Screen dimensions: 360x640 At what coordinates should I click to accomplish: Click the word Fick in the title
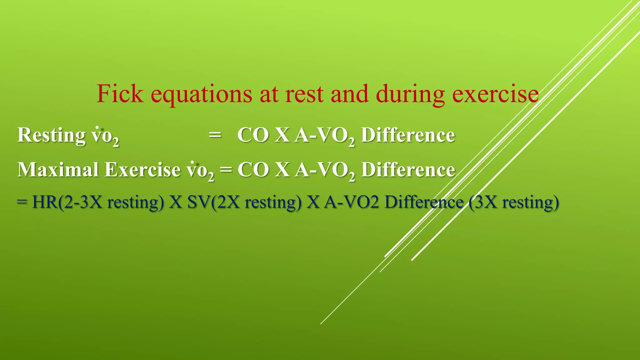tap(120, 94)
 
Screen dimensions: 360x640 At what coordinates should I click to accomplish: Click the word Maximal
tap(58, 169)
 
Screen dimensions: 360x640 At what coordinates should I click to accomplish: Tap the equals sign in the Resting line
tap(215, 135)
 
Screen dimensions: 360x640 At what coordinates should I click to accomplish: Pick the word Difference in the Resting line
tap(408, 135)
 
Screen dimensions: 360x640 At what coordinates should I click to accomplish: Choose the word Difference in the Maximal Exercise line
tap(408, 170)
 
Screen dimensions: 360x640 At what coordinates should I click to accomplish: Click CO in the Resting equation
tap(253, 135)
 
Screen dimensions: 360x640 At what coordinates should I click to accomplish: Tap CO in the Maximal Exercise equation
tap(253, 170)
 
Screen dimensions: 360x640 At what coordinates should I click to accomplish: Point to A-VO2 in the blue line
tap(351, 202)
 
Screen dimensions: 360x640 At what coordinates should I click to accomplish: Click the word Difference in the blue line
tap(424, 202)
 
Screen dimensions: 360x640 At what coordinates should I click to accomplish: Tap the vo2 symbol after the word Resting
tap(105, 136)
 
